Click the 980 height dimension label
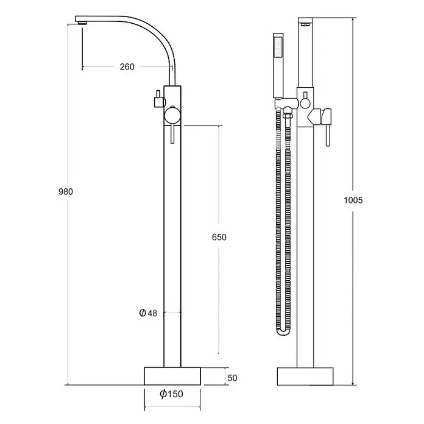[x=66, y=192]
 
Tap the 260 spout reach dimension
[x=127, y=67]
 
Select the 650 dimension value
[x=219, y=237]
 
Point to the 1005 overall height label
[x=353, y=200]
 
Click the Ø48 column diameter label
[x=148, y=313]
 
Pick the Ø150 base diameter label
[x=171, y=394]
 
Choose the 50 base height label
[x=232, y=378]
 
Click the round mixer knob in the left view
[x=172, y=115]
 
